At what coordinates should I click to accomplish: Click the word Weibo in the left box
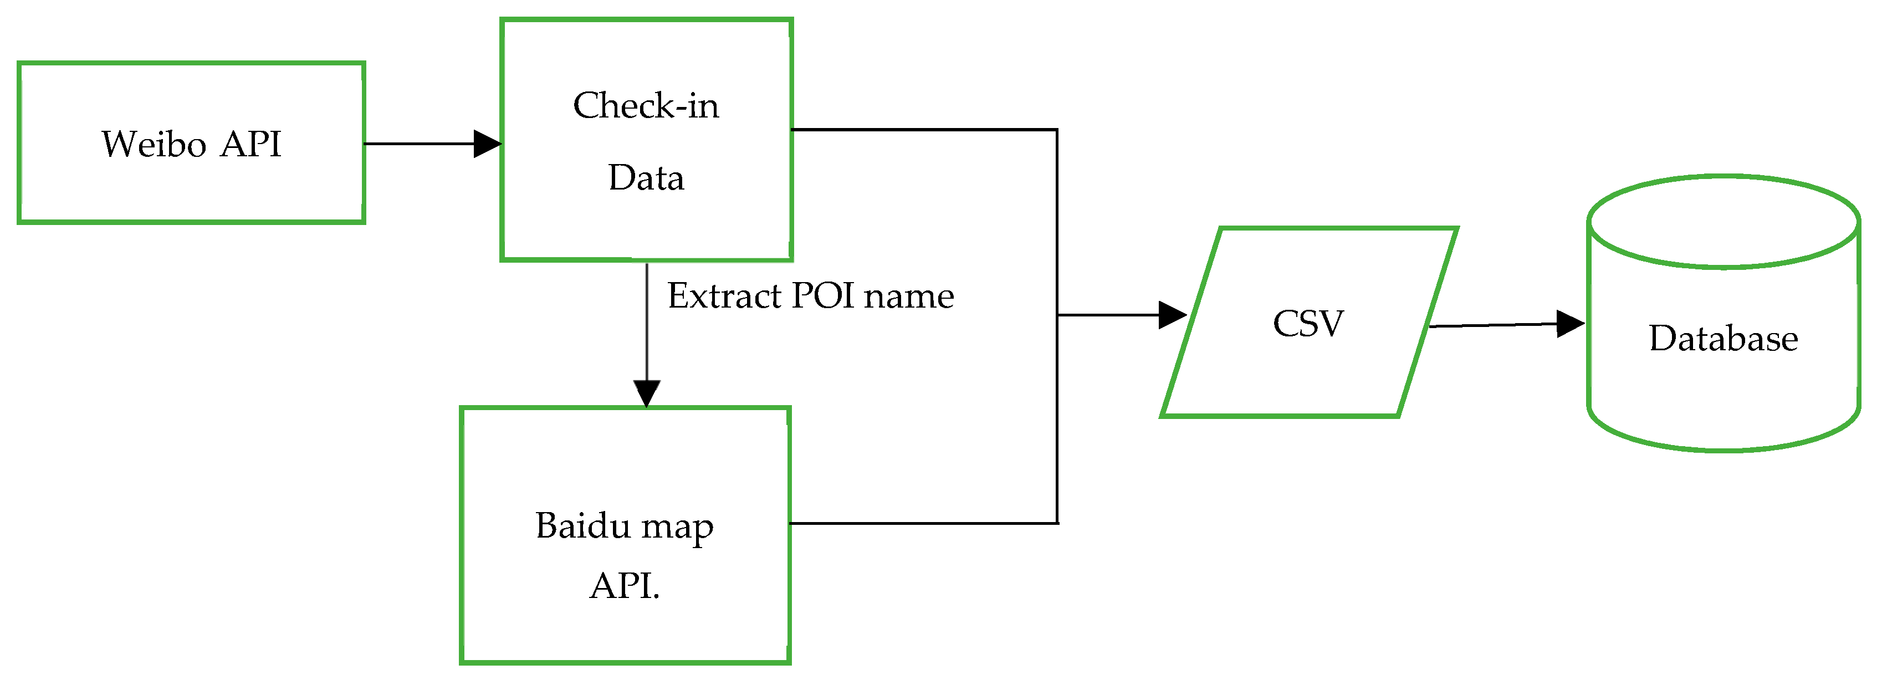tap(154, 144)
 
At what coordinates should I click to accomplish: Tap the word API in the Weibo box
tap(250, 144)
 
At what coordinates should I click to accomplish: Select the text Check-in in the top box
tap(646, 106)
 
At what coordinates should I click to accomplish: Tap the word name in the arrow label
tap(909, 297)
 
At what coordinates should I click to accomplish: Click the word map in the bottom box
tap(677, 527)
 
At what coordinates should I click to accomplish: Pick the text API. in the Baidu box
tap(625, 586)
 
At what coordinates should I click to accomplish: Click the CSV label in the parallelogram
tap(1308, 324)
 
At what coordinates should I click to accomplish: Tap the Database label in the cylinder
tap(1724, 339)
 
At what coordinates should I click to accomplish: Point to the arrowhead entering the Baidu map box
tap(647, 393)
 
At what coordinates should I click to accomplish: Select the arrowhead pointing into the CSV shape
tap(1173, 315)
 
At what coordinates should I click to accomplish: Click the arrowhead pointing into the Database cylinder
tap(1570, 324)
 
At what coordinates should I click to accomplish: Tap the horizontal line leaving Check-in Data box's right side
tap(920, 130)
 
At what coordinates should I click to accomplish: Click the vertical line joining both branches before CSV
tap(1057, 409)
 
